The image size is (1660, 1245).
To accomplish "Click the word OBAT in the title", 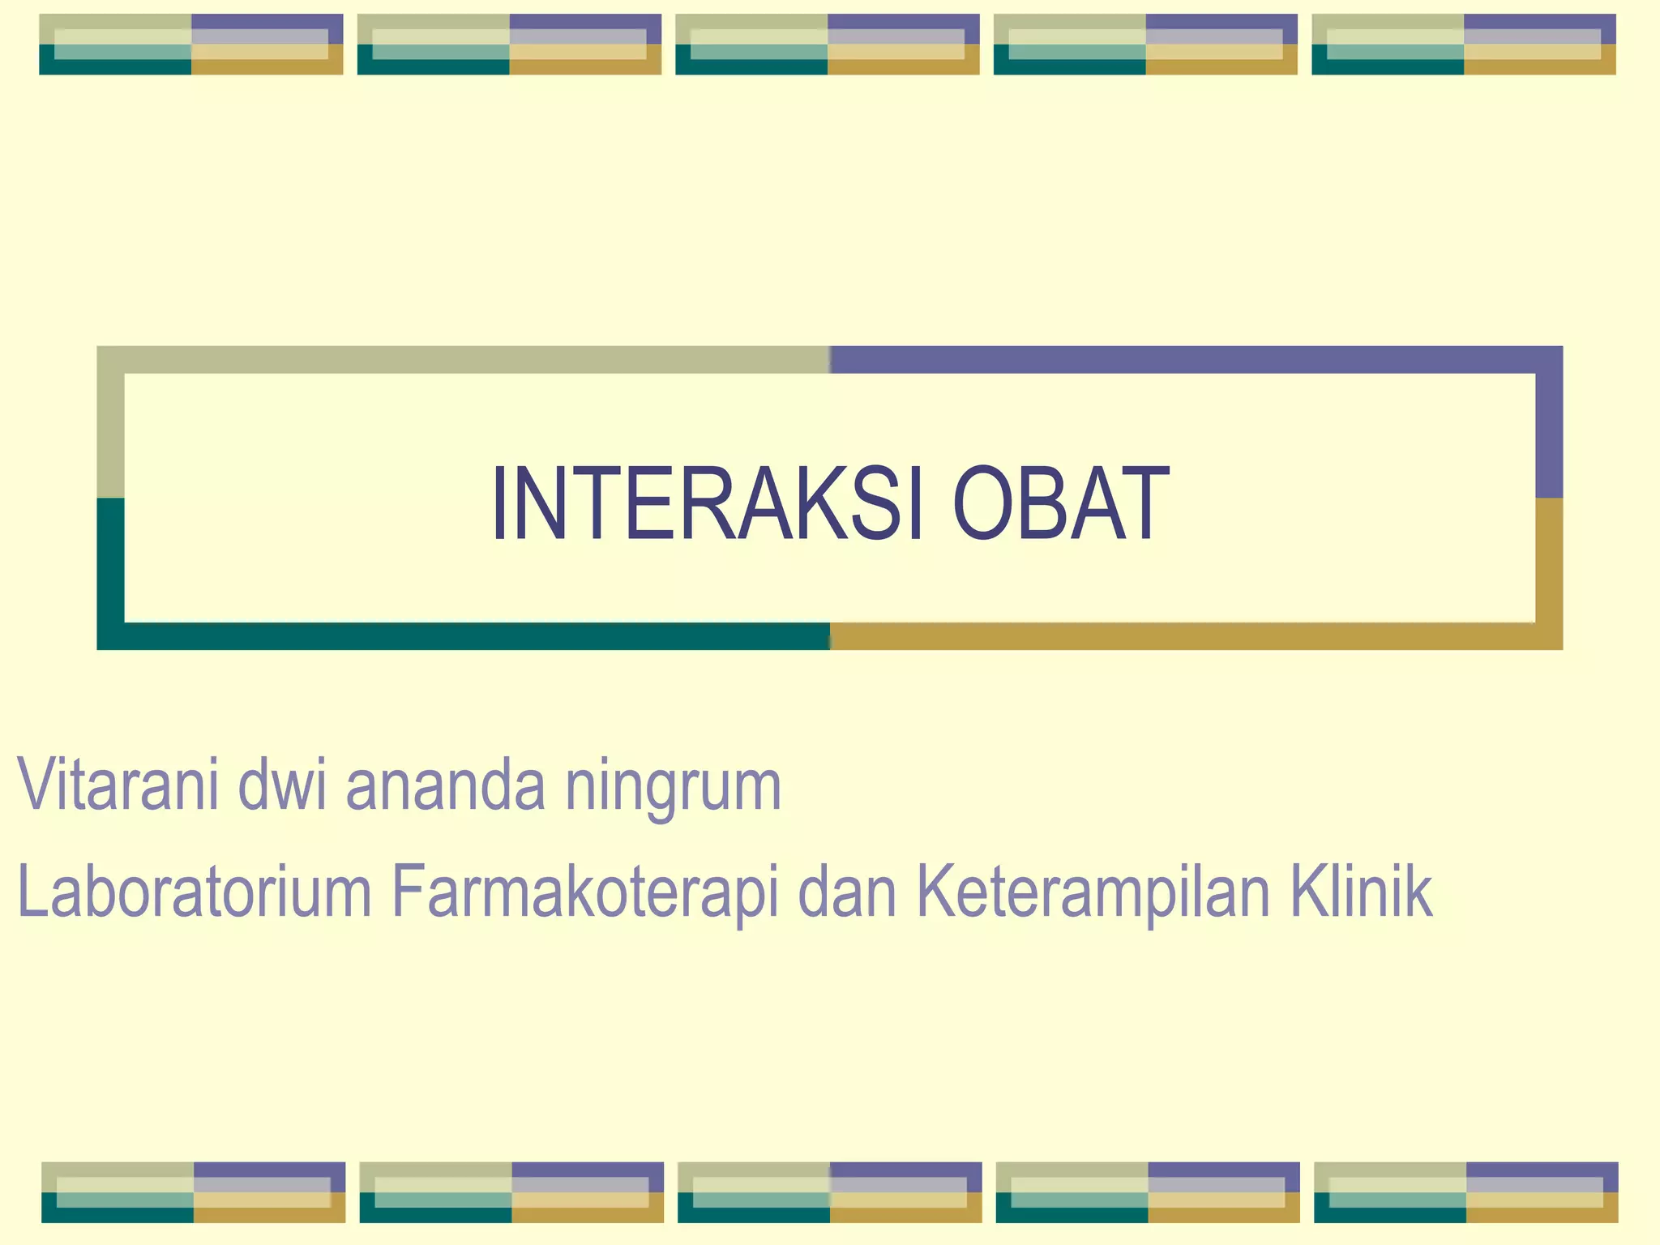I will [1062, 504].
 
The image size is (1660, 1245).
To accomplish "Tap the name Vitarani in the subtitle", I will [118, 785].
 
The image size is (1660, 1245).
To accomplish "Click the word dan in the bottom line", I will [848, 892].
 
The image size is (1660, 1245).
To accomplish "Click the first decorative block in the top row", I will [191, 45].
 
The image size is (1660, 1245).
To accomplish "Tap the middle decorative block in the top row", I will [828, 45].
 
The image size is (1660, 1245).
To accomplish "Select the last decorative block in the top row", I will [1464, 45].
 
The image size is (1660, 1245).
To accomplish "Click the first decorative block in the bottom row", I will [194, 1192].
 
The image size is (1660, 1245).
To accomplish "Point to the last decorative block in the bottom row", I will [1466, 1192].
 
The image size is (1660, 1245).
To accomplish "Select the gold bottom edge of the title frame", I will [1192, 636].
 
